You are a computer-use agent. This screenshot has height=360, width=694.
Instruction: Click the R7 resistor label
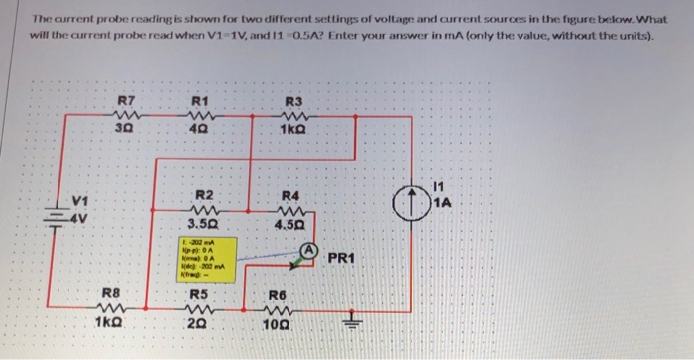point(124,100)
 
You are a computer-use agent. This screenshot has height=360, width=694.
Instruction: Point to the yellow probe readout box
point(206,259)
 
